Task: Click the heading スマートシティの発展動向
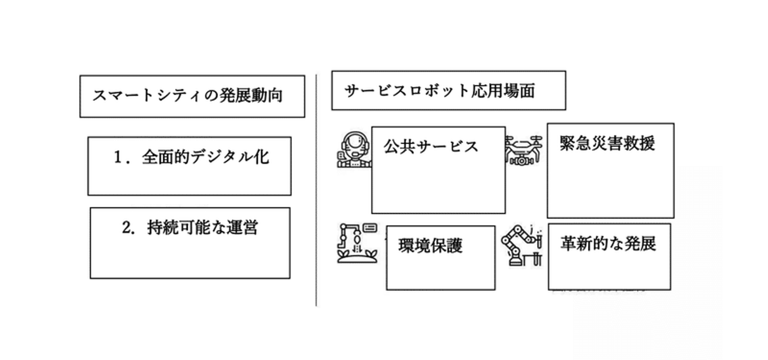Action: (188, 95)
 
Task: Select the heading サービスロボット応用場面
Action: (439, 91)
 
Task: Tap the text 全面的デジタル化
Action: (206, 157)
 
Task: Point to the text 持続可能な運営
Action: (202, 227)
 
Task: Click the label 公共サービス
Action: (430, 146)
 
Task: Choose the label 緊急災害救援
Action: (607, 143)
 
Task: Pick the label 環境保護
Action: (430, 245)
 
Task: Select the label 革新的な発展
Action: (608, 243)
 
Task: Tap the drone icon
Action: (523, 150)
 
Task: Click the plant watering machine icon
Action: (357, 243)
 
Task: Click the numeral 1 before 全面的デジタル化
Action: (118, 157)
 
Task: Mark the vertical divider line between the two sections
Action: (316, 190)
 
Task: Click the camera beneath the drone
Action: (522, 161)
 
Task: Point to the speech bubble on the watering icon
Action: (370, 228)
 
